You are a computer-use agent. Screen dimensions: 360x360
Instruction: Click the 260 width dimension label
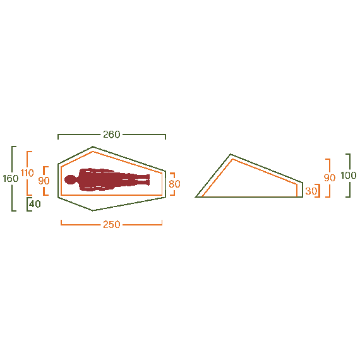[x=112, y=135]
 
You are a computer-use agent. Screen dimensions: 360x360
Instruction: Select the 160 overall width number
[x=10, y=179]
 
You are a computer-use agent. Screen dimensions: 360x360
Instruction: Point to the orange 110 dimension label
[x=27, y=173]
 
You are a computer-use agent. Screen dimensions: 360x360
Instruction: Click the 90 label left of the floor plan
[x=44, y=181]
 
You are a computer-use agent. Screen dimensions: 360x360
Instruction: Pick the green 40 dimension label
[x=35, y=204]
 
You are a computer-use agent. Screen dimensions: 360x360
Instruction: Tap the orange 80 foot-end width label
[x=174, y=184]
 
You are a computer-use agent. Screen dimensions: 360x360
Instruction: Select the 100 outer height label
[x=348, y=176]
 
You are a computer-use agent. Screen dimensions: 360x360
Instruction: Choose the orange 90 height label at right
[x=329, y=178]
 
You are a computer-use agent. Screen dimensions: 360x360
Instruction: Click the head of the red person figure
[x=70, y=180]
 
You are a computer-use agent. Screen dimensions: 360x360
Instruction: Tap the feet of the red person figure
[x=147, y=181]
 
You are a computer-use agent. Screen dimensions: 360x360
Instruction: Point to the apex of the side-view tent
[x=231, y=155]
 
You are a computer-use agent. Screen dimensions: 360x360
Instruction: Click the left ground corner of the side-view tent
[x=196, y=197]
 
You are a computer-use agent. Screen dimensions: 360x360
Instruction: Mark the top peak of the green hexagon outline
[x=93, y=147]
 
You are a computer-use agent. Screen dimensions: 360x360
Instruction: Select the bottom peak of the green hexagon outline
[x=93, y=210]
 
